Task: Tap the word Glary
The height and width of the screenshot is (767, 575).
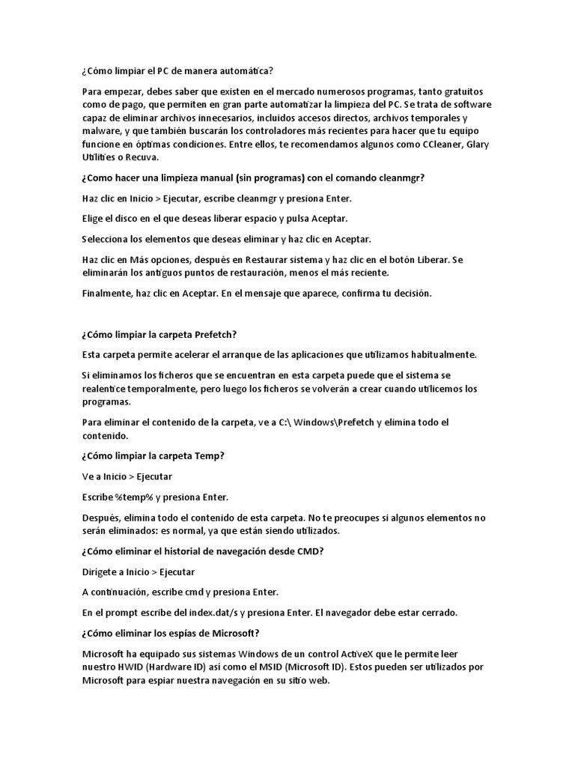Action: pos(477,145)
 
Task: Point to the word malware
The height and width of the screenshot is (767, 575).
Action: pos(101,131)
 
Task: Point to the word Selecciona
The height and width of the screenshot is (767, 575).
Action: pos(109,239)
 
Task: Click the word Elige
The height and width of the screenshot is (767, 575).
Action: pos(94,219)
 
